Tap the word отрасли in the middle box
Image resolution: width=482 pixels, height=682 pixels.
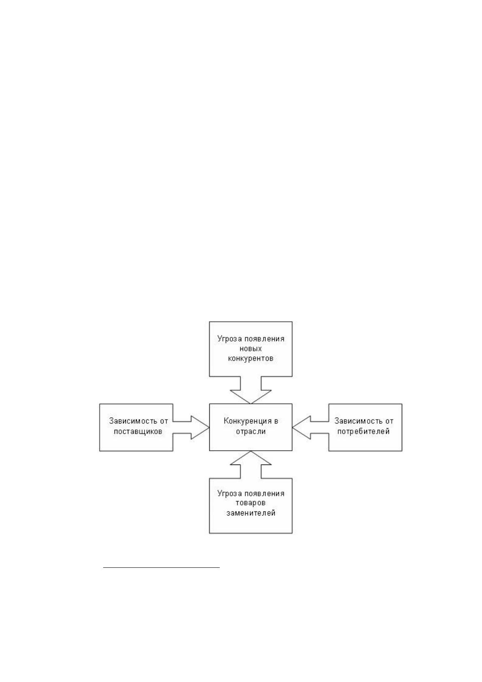click(251, 431)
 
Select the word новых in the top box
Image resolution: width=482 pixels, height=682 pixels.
click(251, 349)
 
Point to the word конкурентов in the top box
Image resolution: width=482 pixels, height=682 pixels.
click(251, 359)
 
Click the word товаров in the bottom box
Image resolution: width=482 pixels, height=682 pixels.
click(251, 503)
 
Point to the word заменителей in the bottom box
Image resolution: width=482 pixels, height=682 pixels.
click(251, 513)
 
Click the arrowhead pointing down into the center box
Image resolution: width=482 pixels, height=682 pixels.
click(251, 397)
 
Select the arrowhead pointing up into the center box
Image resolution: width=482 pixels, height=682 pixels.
click(251, 458)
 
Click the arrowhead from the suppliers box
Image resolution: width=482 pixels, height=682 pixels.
click(200, 428)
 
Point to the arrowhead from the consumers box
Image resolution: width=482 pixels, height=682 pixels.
click(301, 428)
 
